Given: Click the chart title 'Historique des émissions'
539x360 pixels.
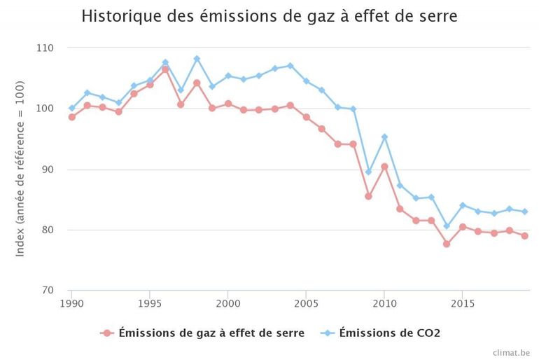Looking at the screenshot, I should click(x=269, y=16).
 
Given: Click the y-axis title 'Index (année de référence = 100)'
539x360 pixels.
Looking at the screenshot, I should click(x=20, y=169).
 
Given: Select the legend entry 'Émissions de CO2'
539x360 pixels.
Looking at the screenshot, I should click(x=389, y=333).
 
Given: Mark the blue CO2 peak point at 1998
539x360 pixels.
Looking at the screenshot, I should click(x=197, y=58).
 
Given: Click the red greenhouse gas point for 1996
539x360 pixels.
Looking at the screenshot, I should click(x=165, y=69).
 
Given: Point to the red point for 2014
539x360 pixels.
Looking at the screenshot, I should click(x=447, y=244).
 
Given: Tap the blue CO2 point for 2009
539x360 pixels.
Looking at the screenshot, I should click(x=368, y=172).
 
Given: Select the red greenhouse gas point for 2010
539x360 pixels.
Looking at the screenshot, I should click(x=384, y=167).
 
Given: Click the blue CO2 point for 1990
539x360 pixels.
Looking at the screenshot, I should click(x=71, y=108).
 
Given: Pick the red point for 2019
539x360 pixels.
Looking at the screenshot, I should click(x=524, y=235).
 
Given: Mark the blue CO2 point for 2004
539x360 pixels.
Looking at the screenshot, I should click(x=290, y=66).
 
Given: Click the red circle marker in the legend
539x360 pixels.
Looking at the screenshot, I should click(x=107, y=333).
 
